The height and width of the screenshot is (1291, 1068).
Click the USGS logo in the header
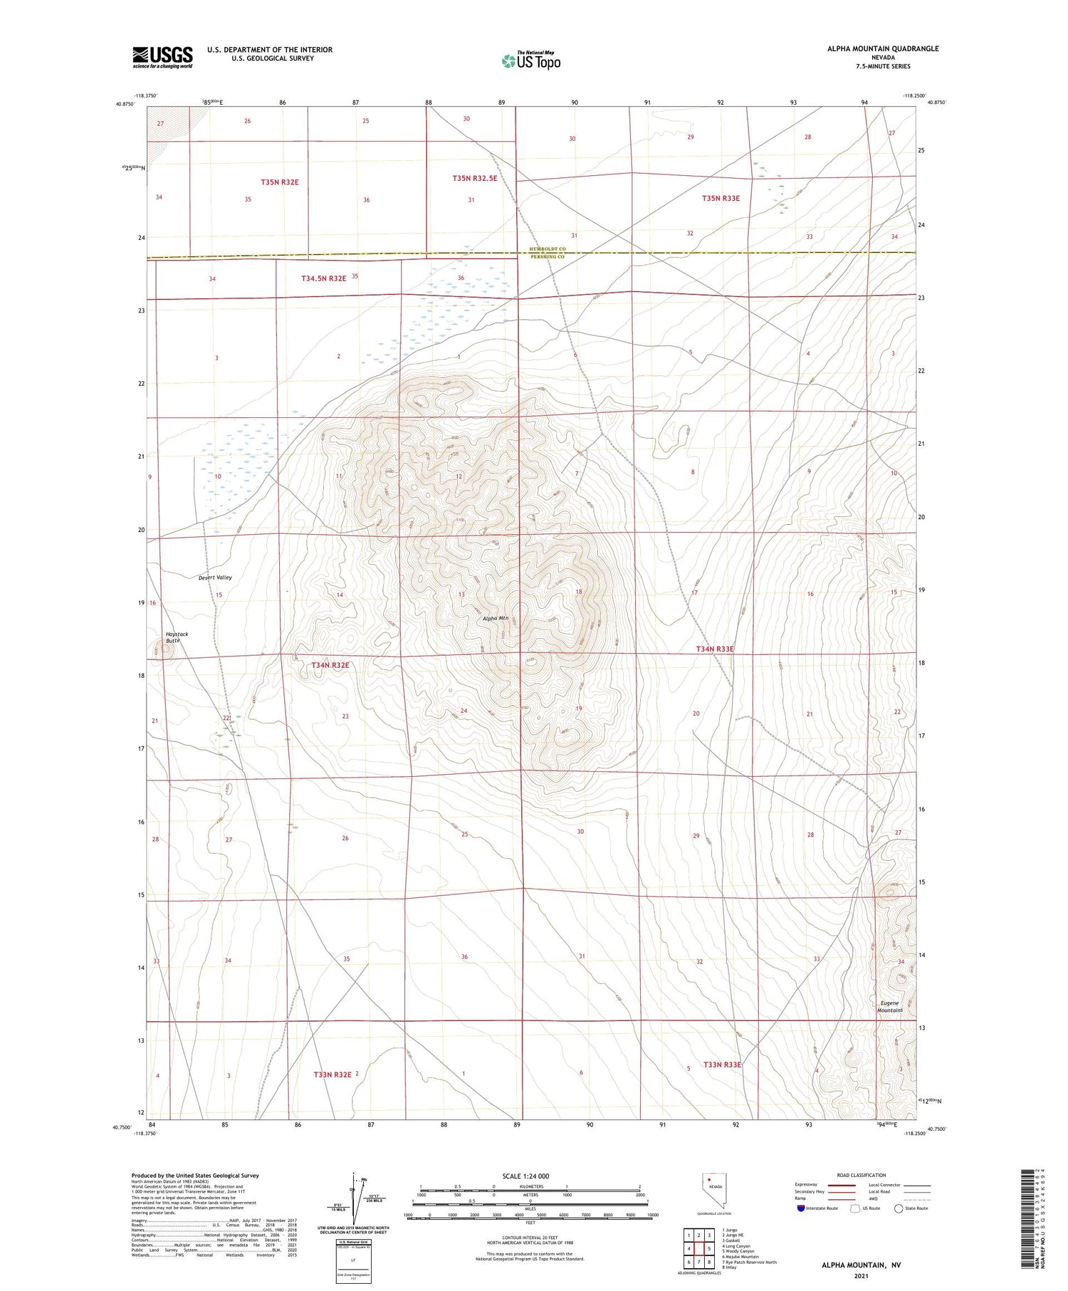pyautogui.click(x=162, y=57)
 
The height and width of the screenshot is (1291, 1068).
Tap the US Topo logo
pyautogui.click(x=530, y=61)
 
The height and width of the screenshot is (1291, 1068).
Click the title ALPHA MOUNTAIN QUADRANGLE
pyautogui.click(x=882, y=48)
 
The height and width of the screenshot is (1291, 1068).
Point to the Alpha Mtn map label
pyautogui.click(x=496, y=618)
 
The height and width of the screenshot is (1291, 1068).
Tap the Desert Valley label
pyautogui.click(x=215, y=577)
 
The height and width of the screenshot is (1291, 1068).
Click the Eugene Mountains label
pyautogui.click(x=889, y=1006)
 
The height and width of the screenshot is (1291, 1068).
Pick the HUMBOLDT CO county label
pyautogui.click(x=547, y=249)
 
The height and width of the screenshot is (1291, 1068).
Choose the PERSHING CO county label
pyautogui.click(x=547, y=256)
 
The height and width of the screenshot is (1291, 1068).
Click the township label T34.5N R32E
pyautogui.click(x=323, y=278)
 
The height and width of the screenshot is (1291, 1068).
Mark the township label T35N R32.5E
pyautogui.click(x=474, y=178)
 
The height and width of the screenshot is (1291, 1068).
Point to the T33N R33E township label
pyautogui.click(x=722, y=1065)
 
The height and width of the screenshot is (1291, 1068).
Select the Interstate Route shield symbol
pyautogui.click(x=801, y=1208)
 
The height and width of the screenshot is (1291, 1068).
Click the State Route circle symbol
pyautogui.click(x=899, y=1208)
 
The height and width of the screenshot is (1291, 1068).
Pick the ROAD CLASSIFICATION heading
pyautogui.click(x=862, y=1175)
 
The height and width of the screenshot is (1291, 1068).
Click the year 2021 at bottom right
pyautogui.click(x=861, y=1275)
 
